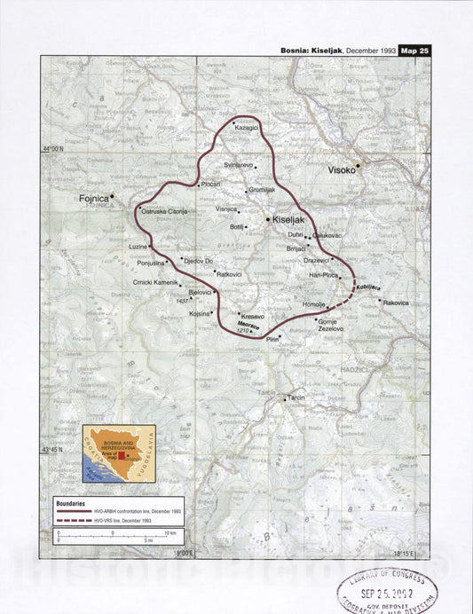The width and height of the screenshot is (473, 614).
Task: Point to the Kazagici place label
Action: point(246,128)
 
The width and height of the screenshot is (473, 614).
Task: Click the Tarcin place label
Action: point(295,398)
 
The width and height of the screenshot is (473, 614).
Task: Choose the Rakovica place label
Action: point(396,303)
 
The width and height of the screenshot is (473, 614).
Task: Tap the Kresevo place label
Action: point(252,316)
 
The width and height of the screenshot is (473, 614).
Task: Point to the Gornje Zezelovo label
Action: point(330,325)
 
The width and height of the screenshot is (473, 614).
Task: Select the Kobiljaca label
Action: point(368,288)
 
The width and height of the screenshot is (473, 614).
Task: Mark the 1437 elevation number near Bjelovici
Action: point(183,301)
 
